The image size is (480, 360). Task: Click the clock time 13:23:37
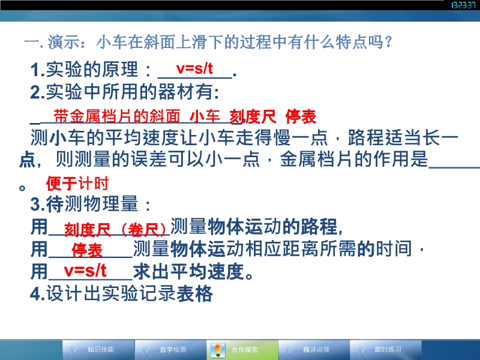(463, 5)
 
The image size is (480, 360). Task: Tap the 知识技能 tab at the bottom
(101, 349)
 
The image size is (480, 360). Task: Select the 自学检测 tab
(173, 349)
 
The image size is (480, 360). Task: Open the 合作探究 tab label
(245, 349)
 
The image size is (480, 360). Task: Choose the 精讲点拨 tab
(316, 349)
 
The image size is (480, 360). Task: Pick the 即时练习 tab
(388, 349)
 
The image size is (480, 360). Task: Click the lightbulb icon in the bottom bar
(218, 350)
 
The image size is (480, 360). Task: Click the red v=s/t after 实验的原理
(194, 68)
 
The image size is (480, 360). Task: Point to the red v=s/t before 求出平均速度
(85, 271)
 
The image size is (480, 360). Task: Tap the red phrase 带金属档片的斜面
(116, 116)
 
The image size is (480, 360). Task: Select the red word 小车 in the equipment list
(205, 116)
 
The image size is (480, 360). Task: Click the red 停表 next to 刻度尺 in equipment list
(301, 116)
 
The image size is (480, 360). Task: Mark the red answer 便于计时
(77, 184)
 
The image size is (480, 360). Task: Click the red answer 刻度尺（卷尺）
(115, 230)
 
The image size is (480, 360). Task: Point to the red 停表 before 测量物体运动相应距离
(87, 250)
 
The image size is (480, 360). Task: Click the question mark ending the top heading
(389, 42)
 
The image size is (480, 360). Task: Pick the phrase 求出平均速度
(189, 272)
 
